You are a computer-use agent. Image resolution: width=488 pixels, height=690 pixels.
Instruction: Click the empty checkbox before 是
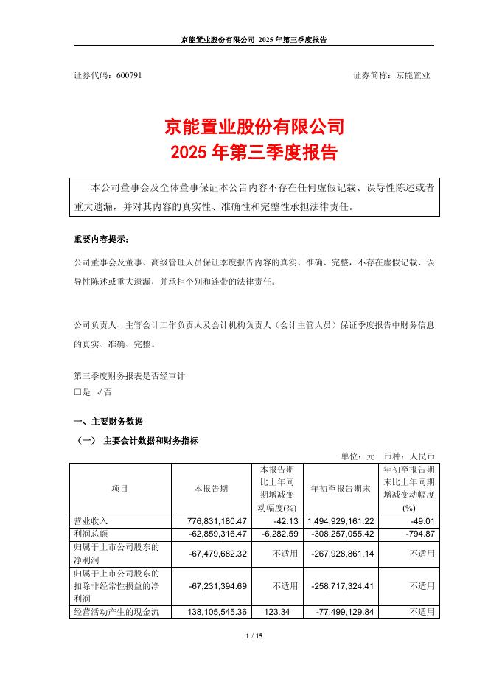(77, 393)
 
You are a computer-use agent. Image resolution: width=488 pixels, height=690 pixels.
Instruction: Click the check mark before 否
(100, 393)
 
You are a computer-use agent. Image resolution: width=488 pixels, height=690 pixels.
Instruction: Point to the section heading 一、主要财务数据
(108, 422)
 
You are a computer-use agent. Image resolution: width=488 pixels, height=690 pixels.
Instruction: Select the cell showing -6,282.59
(276, 534)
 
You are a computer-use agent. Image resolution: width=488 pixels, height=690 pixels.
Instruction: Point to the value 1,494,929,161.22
(341, 521)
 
